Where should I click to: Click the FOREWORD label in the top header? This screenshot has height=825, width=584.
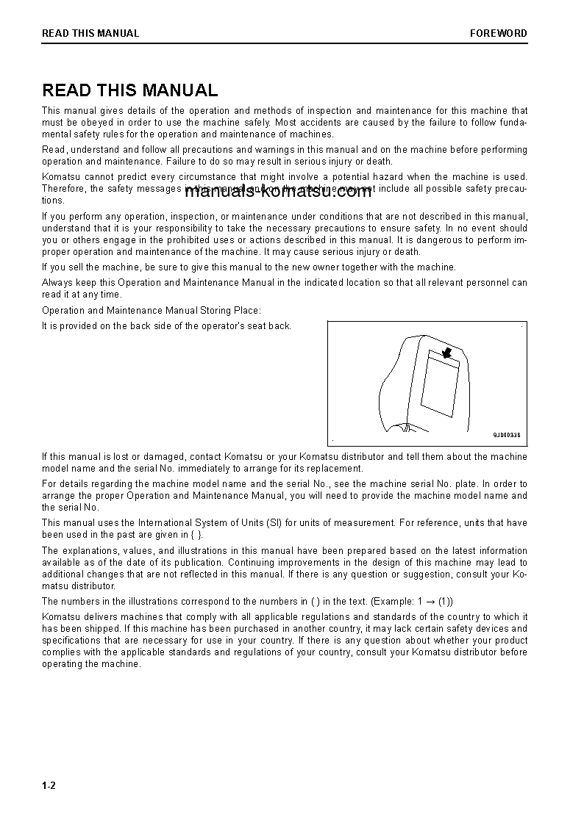click(498, 33)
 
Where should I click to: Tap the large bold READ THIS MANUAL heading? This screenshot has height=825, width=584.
click(130, 90)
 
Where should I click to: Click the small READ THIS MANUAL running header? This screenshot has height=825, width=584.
click(90, 33)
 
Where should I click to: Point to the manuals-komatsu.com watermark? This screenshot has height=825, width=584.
click(278, 192)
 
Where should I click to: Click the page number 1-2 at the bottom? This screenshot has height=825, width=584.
click(49, 785)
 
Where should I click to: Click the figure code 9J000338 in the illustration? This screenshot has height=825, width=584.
click(506, 435)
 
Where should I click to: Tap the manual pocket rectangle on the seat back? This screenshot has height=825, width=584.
click(440, 384)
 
